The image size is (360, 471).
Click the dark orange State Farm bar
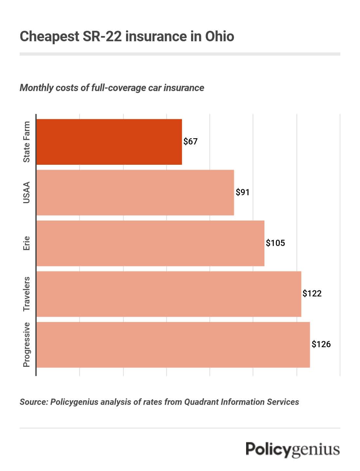[x=109, y=142]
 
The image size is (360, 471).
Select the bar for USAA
[x=135, y=193]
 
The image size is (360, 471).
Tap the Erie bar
[x=150, y=243]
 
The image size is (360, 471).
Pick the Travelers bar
[x=169, y=294]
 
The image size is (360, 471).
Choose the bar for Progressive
[x=173, y=345]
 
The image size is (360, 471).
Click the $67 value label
[x=190, y=141]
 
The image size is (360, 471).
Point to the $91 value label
[x=243, y=192]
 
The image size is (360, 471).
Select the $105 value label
[x=275, y=243]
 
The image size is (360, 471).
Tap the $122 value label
[x=312, y=293]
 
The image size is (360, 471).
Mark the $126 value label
[x=321, y=344]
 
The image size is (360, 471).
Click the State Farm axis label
[x=27, y=142]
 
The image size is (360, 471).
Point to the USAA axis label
[x=27, y=193]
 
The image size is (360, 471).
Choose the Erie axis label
[x=27, y=243]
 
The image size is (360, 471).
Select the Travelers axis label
[x=27, y=294]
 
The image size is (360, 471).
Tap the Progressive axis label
[x=27, y=345]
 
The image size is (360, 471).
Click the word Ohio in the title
[x=220, y=36]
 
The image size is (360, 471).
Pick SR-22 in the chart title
[x=102, y=36]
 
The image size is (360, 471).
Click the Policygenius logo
[x=293, y=449]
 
